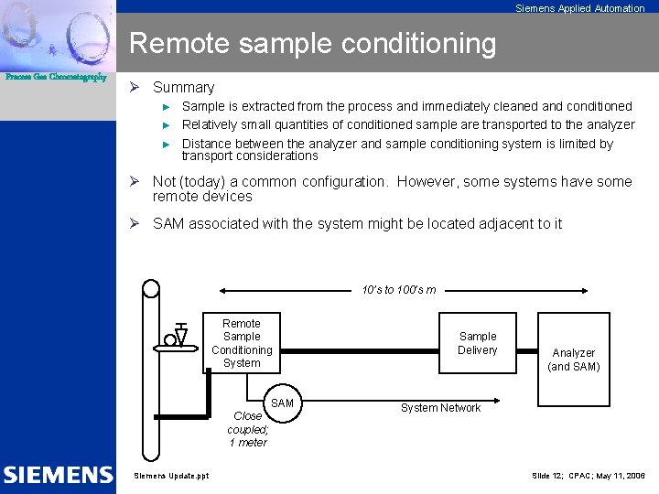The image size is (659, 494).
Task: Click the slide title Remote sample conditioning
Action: [x=312, y=43]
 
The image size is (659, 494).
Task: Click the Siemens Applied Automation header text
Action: [x=579, y=8]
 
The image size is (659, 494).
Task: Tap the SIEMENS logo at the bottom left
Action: [x=57, y=475]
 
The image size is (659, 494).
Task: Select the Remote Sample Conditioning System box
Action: [x=242, y=343]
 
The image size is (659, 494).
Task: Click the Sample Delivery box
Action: [x=477, y=343]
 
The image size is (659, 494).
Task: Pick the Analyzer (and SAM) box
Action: [x=573, y=360]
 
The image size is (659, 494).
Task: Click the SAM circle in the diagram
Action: [x=282, y=403]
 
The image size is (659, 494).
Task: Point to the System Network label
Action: [x=440, y=408]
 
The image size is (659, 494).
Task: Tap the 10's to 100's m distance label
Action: [x=398, y=290]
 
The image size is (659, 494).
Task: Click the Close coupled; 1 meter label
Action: [x=247, y=429]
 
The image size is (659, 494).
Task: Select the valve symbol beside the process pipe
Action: [x=180, y=337]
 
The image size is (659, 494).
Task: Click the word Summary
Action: [x=183, y=88]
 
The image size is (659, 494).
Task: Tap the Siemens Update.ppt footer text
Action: [x=171, y=476]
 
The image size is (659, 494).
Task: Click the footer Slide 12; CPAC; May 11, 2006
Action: [x=588, y=476]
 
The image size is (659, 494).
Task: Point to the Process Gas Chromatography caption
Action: [x=56, y=77]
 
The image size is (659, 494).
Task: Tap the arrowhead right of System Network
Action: [x=494, y=400]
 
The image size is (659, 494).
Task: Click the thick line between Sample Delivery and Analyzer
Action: [x=525, y=350]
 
